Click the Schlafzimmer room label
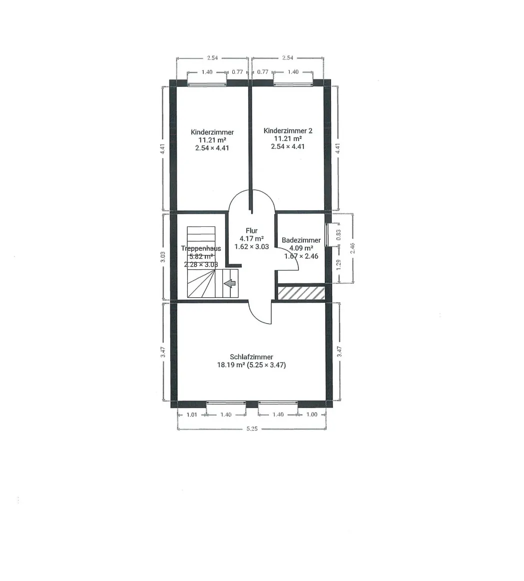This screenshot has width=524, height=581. point(251,357)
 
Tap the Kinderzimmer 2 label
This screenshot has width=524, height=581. point(288,131)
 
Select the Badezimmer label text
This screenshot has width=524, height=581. point(301,240)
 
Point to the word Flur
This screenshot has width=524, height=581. point(252,230)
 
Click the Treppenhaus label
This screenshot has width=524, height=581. point(201,249)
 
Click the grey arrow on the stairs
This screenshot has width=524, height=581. point(230,283)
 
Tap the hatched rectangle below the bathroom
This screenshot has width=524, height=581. point(301,292)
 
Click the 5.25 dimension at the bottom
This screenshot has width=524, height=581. point(252,429)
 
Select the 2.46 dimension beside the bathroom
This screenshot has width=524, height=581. point(353,248)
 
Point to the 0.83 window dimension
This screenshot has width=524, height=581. point(338,235)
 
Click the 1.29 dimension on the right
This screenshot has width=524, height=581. point(338,265)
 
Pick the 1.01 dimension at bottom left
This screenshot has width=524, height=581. point(192,415)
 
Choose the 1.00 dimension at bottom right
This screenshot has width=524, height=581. point(312,415)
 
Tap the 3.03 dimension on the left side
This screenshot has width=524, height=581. point(162,257)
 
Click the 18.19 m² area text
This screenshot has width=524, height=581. point(232,365)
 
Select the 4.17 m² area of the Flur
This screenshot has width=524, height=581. point(252,239)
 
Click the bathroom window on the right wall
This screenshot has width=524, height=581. point(327,235)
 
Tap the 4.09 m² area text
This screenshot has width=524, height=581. point(301,248)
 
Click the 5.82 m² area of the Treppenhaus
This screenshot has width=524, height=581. point(201,256)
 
